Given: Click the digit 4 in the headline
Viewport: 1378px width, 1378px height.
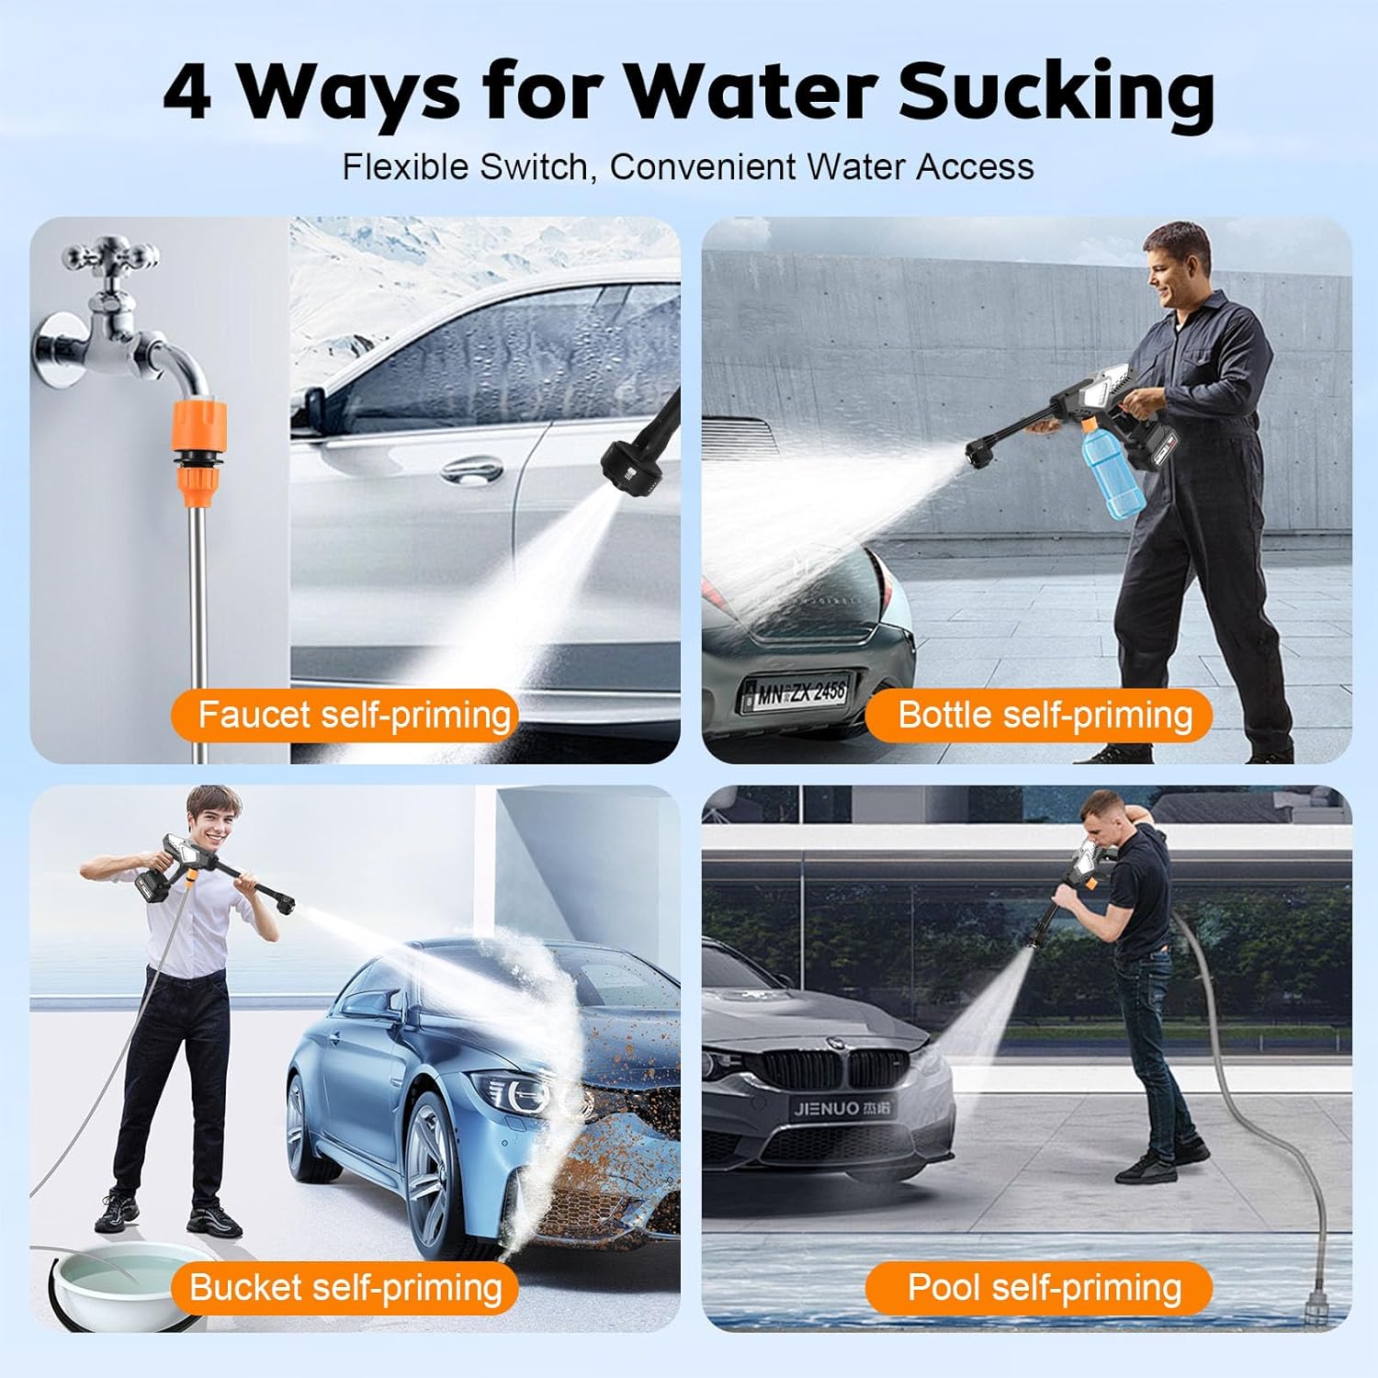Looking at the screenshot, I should [187, 94].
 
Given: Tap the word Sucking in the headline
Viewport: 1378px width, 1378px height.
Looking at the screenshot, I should [1056, 94].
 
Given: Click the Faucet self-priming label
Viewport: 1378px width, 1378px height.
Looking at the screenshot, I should [345, 715].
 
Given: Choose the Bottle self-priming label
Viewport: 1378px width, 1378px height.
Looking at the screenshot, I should [1038, 715].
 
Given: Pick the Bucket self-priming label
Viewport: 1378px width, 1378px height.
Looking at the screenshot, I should [345, 1287].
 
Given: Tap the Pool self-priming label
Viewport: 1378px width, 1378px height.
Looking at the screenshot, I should [1038, 1287].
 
